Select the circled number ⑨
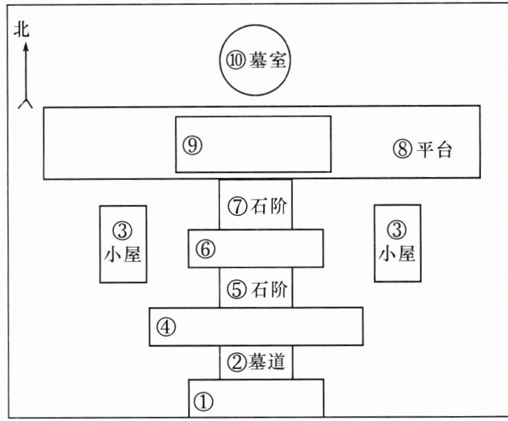click(x=192, y=145)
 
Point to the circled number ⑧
click(x=403, y=150)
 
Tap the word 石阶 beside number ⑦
click(x=270, y=206)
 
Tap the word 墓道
click(x=270, y=361)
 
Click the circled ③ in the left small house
click(x=123, y=229)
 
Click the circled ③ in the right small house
click(x=397, y=229)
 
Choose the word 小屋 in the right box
click(x=397, y=255)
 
